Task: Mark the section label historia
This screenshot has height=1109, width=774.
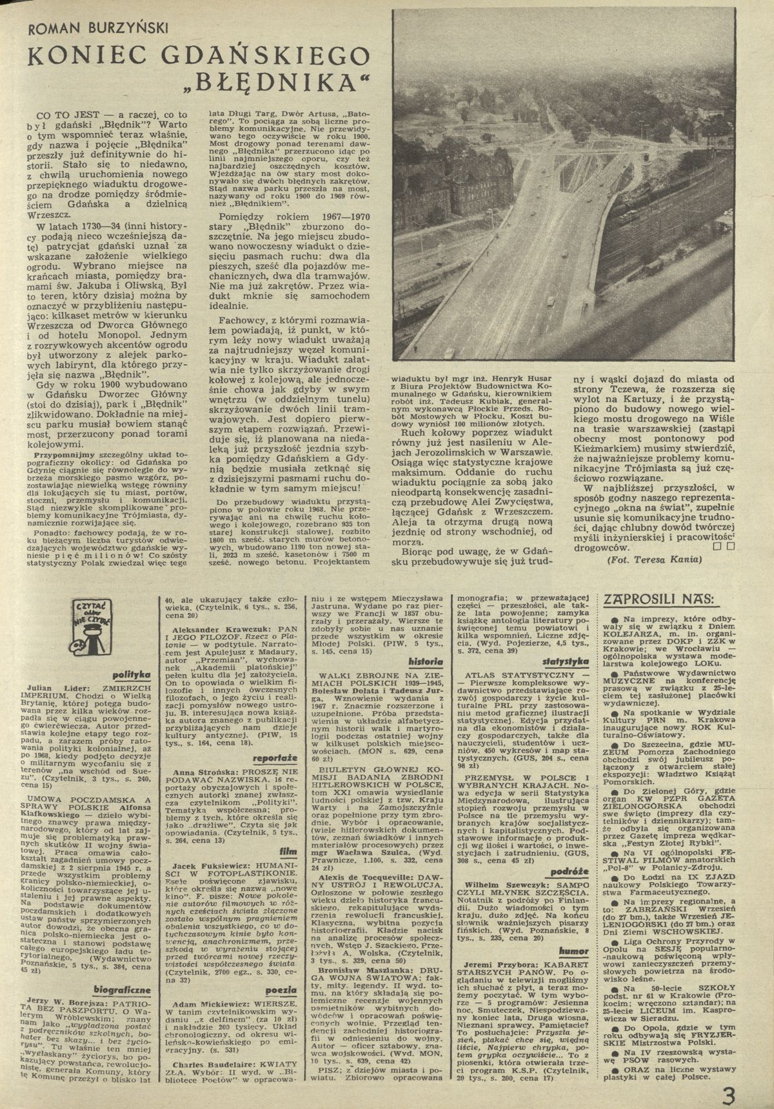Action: pos(424,662)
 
